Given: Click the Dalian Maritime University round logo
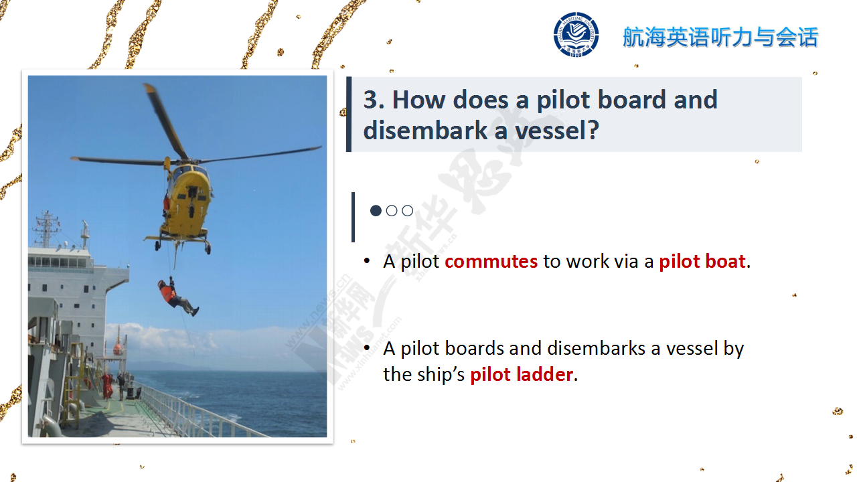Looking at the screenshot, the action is click(576, 35).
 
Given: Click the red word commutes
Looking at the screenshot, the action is click(491, 262).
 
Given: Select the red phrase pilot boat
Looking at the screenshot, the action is click(702, 262).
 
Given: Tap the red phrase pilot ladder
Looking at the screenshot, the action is click(522, 374).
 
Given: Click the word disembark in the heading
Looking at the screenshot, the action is click(425, 131).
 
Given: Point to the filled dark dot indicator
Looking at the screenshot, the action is click(376, 211).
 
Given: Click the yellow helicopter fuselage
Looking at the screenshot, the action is click(187, 203).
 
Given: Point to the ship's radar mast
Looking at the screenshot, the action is click(47, 229).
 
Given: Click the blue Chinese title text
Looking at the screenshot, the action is click(720, 37).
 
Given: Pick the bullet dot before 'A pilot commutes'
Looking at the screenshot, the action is click(367, 261).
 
